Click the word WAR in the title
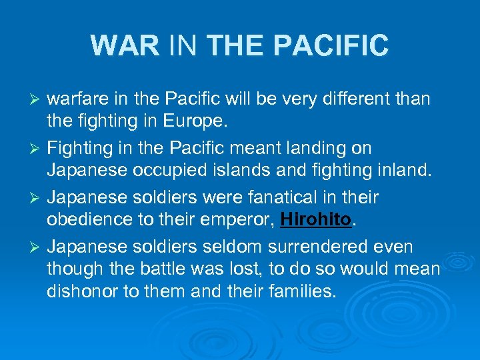125,45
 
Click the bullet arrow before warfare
38,100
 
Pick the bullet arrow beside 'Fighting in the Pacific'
38,149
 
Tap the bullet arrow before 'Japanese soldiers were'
38,199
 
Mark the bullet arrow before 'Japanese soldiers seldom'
38,247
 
